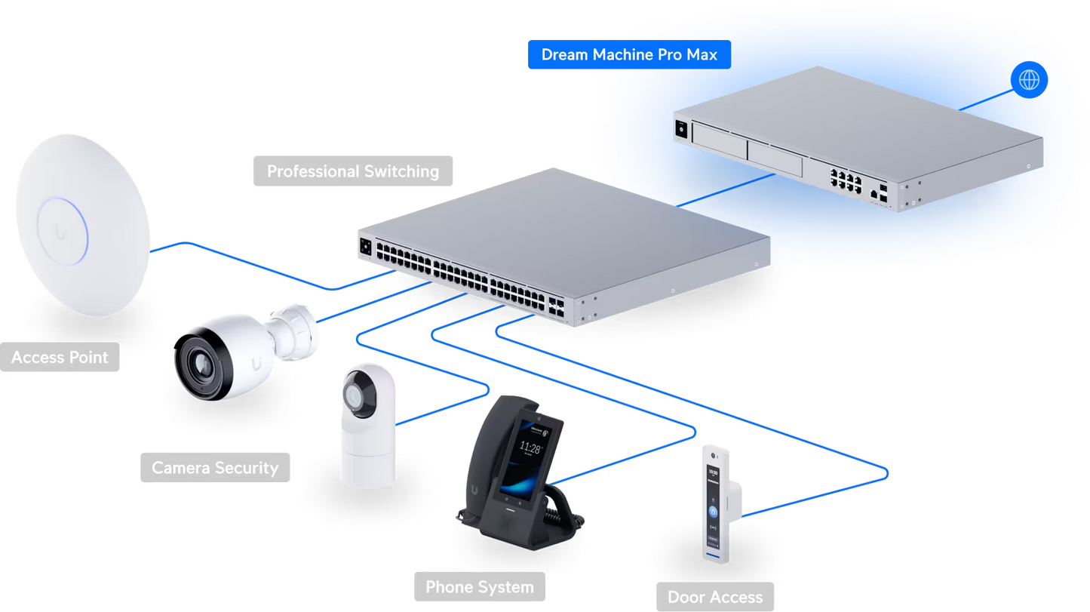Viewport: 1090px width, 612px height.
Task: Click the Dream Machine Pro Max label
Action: pyautogui.click(x=629, y=55)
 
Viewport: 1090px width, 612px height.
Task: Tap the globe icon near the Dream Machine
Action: pyautogui.click(x=1029, y=79)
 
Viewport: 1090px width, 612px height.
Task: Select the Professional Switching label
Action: pyautogui.click(x=352, y=171)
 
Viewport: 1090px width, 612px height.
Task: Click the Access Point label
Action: pyautogui.click(x=60, y=357)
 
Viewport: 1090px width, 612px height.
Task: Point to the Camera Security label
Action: pyautogui.click(x=215, y=468)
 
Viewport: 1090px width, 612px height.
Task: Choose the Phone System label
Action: pyautogui.click(x=479, y=587)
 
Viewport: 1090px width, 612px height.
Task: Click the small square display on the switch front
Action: pyautogui.click(x=367, y=246)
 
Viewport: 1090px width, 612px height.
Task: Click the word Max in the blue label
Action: pyautogui.click(x=702, y=55)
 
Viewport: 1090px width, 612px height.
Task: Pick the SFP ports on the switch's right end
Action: pyautogui.click(x=559, y=305)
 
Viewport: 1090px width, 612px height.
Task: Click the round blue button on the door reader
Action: pyautogui.click(x=713, y=512)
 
